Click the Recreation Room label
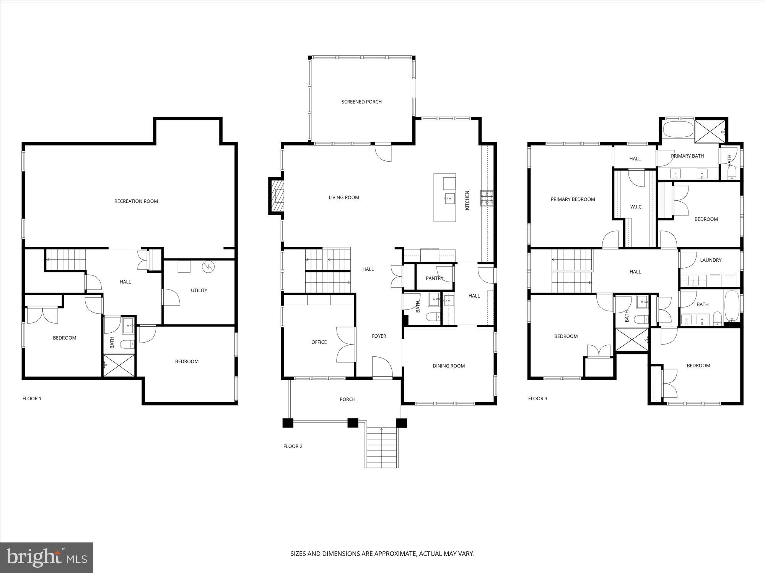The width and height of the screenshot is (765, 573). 136,201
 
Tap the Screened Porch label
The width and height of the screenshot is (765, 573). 361,102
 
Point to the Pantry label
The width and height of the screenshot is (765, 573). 435,278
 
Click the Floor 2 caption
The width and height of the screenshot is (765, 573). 293,446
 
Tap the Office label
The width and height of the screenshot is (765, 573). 319,342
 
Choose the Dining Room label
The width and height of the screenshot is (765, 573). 449,366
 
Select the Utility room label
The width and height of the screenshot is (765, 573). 199,290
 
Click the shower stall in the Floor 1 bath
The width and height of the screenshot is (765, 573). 119,366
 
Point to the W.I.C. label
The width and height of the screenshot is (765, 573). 636,207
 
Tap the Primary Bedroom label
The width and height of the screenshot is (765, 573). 573,199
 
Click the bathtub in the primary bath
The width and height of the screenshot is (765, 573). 678,130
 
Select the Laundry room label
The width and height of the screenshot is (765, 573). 711,260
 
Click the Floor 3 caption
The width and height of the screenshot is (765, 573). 537,398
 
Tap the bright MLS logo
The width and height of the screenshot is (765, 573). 47,558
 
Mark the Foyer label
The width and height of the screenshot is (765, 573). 379,336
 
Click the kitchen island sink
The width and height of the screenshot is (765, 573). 449,197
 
